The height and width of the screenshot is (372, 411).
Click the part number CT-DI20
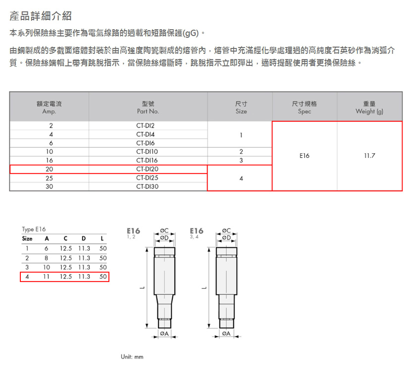[147, 169]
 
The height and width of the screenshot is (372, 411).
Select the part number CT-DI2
[145, 126]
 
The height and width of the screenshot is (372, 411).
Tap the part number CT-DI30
[147, 186]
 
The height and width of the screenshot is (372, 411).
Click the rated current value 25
[50, 178]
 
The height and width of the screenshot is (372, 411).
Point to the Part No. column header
[148, 108]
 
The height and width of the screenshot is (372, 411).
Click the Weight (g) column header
[369, 108]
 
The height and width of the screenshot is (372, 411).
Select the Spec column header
[305, 108]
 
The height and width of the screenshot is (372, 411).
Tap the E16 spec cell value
[305, 156]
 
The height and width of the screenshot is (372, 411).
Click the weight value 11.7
[369, 156]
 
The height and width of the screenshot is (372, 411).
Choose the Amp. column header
[49, 108]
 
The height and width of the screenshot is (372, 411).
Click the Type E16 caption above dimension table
[34, 230]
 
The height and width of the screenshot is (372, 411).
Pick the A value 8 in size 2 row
[47, 258]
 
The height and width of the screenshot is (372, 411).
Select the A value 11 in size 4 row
[47, 277]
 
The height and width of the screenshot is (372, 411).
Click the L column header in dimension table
[102, 238]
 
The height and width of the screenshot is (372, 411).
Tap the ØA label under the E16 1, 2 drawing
[164, 333]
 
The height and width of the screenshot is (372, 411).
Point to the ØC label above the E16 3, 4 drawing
[226, 231]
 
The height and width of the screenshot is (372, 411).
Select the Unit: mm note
[132, 357]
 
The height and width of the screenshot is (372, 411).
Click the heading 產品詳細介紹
[41, 16]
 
